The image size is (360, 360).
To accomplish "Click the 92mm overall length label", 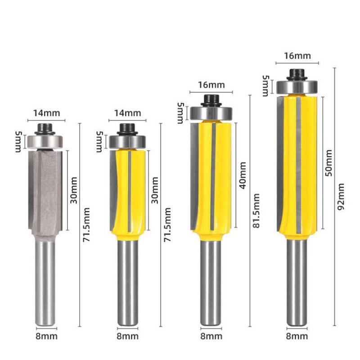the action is [x=341, y=196].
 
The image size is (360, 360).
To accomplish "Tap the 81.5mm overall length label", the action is [x=256, y=211].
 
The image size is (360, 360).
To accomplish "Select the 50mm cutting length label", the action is [x=328, y=163].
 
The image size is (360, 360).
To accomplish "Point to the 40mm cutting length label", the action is [x=243, y=175].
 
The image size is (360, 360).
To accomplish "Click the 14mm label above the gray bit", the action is [x=47, y=113].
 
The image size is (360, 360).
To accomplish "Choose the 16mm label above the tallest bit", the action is [x=297, y=56].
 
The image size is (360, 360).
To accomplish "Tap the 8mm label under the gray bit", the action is [x=46, y=336].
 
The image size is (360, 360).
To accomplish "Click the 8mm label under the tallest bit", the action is [x=297, y=336].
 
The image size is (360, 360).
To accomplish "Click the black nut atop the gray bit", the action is [x=45, y=129].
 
